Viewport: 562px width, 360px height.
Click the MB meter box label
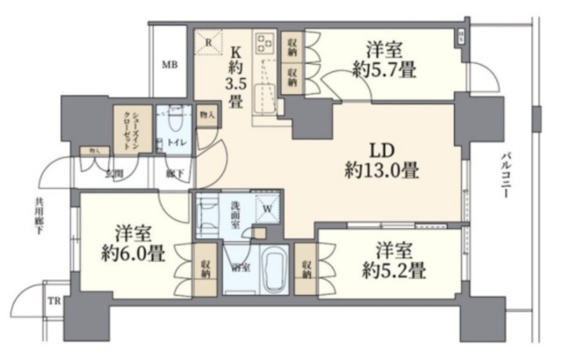tap(169, 64)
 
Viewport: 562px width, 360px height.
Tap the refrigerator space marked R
tap(208, 41)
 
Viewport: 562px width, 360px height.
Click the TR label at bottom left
tap(52, 301)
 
